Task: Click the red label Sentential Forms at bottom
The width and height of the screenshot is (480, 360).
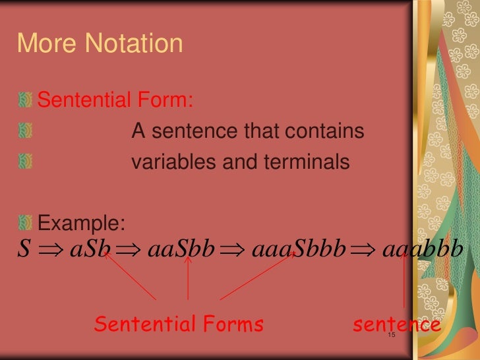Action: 179,324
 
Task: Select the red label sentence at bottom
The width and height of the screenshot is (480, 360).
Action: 397,324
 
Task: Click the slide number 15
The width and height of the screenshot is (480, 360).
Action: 391,337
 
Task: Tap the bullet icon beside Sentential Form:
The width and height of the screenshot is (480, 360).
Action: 25,101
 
